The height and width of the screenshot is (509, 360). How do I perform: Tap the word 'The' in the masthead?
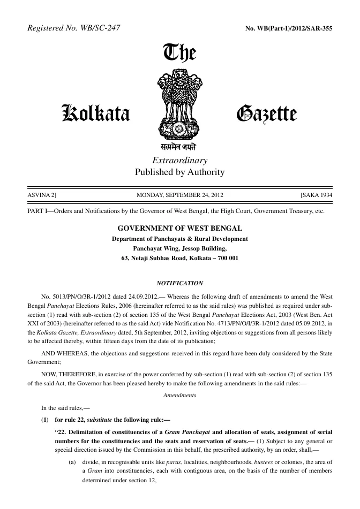(179, 54)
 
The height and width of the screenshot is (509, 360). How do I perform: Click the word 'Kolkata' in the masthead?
(96, 113)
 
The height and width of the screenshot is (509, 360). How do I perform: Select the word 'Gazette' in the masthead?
(266, 113)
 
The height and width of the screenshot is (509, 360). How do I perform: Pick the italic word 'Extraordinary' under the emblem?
(179, 161)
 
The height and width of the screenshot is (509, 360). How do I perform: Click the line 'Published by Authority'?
(179, 172)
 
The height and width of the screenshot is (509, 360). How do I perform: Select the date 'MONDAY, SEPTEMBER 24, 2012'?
(179, 195)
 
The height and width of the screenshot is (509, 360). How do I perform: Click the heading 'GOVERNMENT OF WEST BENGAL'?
(179, 228)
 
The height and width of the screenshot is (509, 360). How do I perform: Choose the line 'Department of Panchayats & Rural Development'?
(179, 239)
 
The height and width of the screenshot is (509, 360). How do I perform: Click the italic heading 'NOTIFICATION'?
(179, 282)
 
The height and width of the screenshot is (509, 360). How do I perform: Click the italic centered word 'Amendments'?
(179, 395)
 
